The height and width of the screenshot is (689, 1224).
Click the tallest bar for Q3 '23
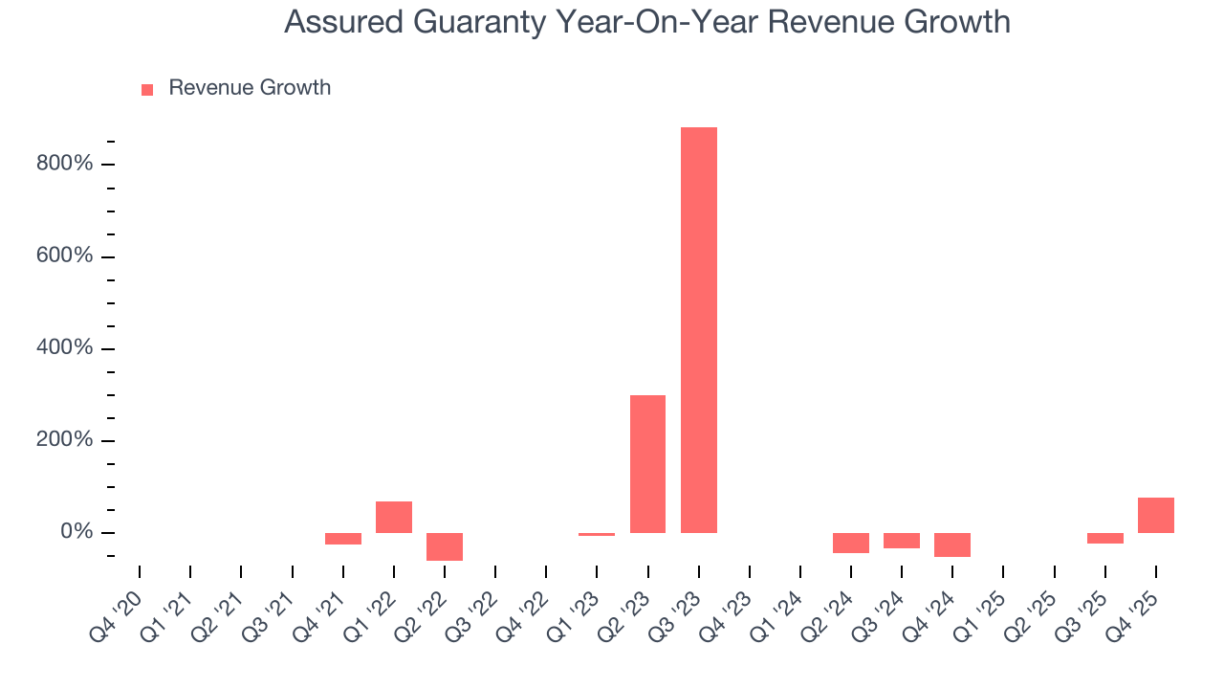pos(698,330)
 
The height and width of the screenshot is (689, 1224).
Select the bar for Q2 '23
pos(647,464)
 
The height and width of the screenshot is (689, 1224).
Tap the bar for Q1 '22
pos(394,517)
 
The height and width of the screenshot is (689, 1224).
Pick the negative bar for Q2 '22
pos(445,546)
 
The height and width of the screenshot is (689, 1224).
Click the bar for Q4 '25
pos(1155,515)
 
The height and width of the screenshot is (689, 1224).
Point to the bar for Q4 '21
pos(343,539)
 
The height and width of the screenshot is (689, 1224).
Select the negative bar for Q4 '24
pos(952,545)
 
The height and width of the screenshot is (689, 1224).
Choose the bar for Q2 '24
pos(850,543)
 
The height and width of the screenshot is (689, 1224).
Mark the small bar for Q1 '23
pos(597,534)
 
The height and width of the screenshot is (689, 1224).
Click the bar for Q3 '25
pos(1104,538)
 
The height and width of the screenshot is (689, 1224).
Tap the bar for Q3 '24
pos(901,541)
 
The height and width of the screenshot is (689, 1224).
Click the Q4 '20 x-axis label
pos(116,607)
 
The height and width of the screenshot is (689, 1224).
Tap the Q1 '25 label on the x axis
pos(978,607)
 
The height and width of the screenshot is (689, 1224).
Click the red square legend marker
pos(147,89)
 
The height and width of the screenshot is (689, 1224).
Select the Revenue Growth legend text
pos(250,88)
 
